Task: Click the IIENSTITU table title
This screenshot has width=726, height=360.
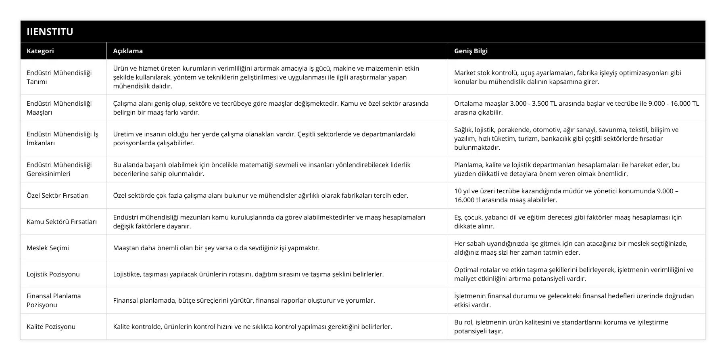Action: click(50, 31)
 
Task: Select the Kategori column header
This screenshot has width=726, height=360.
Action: click(40, 51)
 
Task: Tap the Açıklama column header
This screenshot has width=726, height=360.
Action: click(128, 51)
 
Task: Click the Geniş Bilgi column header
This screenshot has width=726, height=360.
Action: click(471, 51)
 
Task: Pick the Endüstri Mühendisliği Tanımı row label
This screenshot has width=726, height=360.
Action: click(59, 77)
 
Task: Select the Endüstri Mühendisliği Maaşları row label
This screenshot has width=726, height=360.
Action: click(59, 108)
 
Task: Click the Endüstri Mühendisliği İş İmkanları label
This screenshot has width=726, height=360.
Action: click(62, 138)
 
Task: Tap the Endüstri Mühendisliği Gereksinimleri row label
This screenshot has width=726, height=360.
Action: click(59, 169)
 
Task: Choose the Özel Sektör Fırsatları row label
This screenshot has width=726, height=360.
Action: click(58, 195)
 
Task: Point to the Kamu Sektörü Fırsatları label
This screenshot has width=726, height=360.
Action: click(62, 222)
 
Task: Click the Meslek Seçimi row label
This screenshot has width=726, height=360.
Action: click(48, 248)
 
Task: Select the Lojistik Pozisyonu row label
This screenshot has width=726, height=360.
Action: click(53, 274)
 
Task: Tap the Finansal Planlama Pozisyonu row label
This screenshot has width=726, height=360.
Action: click(54, 300)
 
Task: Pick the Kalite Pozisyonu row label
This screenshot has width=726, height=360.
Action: click(51, 327)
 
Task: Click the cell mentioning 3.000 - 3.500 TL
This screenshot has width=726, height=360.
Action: click(576, 108)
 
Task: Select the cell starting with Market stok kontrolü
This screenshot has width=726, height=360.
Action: click(567, 77)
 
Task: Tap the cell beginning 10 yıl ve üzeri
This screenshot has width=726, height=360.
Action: click(566, 195)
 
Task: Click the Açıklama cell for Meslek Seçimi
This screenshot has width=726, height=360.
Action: click(216, 248)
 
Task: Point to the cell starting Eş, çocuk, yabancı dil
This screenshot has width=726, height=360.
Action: click(568, 222)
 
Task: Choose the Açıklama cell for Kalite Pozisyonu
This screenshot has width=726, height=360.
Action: click(252, 327)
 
